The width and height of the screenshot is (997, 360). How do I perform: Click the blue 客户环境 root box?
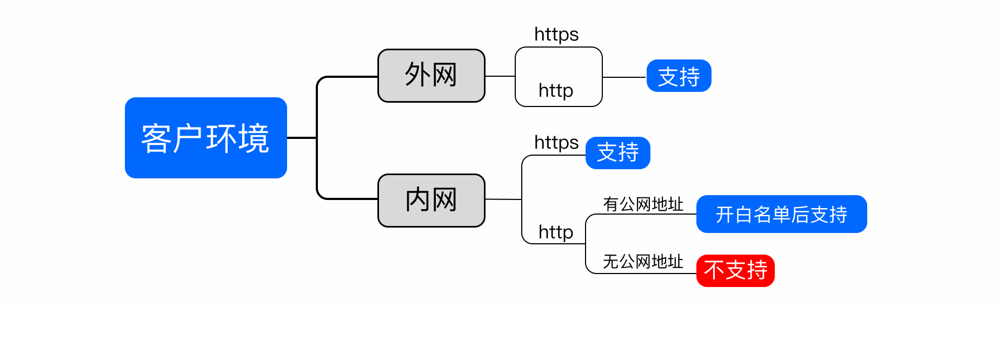pyautogui.click(x=206, y=138)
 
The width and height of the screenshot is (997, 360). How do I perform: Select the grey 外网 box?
pyautogui.click(x=431, y=76)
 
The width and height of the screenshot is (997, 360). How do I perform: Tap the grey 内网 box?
pyautogui.click(x=431, y=201)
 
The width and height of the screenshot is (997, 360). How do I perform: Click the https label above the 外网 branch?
pyautogui.click(x=556, y=35)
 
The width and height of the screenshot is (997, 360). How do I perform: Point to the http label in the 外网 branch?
pyautogui.click(x=556, y=91)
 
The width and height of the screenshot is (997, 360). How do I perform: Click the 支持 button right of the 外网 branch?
pyautogui.click(x=679, y=76)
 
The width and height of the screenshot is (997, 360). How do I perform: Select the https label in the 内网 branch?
pyautogui.click(x=556, y=143)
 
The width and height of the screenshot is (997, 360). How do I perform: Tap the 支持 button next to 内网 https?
pyautogui.click(x=618, y=153)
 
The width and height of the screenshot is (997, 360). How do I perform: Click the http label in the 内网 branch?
pyautogui.click(x=556, y=232)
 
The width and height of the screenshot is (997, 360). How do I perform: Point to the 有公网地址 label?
pyautogui.click(x=643, y=204)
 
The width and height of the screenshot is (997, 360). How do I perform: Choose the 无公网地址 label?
pyautogui.click(x=643, y=262)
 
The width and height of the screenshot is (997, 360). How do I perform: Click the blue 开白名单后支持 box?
pyautogui.click(x=782, y=214)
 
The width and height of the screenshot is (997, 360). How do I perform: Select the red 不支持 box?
pyautogui.click(x=736, y=271)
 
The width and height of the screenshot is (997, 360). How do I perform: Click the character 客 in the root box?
pyautogui.click(x=157, y=138)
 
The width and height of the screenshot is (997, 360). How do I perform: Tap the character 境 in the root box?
pyautogui.click(x=254, y=138)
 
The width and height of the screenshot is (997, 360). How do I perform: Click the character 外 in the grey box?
pyautogui.click(x=418, y=75)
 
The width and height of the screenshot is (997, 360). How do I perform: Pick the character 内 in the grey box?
pyautogui.click(x=418, y=199)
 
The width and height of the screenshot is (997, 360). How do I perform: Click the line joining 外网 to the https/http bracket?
pyautogui.click(x=500, y=76)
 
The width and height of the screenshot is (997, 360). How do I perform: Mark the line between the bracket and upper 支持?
pyautogui.click(x=624, y=77)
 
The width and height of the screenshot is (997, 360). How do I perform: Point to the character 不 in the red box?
pyautogui.click(x=714, y=270)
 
